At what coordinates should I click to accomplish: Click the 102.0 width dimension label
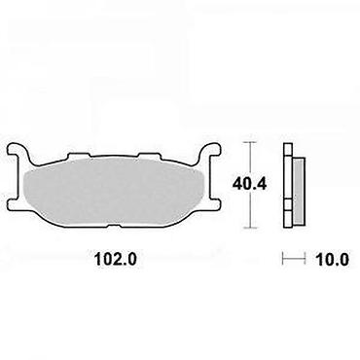click(116, 259)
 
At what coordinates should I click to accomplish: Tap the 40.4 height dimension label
click(249, 185)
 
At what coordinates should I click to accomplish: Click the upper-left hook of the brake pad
click(18, 152)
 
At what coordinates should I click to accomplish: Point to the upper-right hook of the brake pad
click(211, 152)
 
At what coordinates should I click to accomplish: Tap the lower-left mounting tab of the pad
click(14, 204)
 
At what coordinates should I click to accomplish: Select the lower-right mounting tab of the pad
click(215, 204)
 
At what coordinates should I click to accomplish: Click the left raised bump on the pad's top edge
click(78, 156)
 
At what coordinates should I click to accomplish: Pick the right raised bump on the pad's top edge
click(150, 156)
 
